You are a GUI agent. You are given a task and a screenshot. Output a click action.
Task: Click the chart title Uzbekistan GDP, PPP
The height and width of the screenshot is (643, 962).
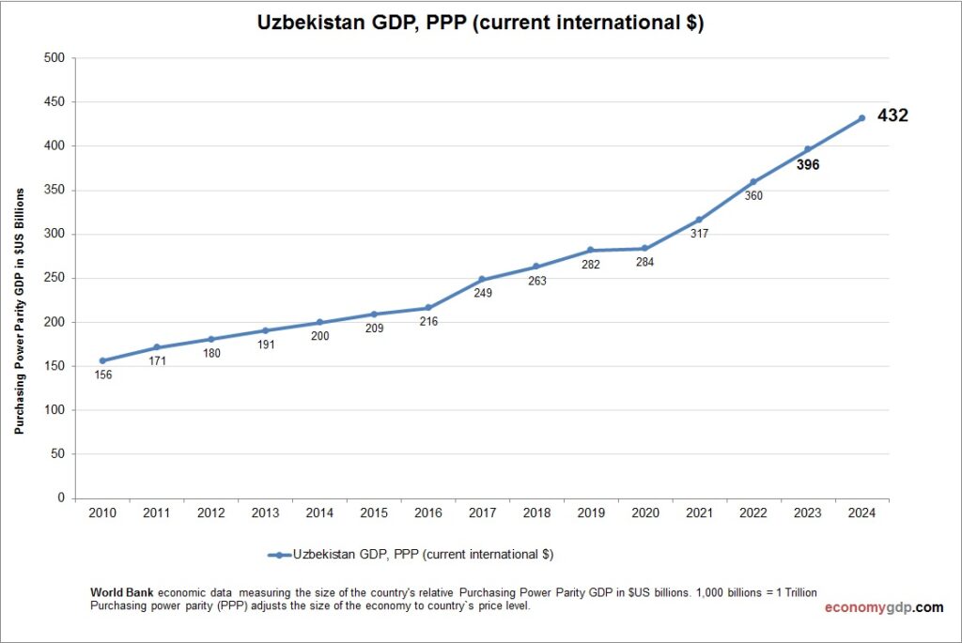[480, 23]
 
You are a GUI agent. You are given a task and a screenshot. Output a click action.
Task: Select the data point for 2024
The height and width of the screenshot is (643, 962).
[861, 118]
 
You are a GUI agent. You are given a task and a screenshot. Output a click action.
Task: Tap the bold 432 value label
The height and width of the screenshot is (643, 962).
[892, 116]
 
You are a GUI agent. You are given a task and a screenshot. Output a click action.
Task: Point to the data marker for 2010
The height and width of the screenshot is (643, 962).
[102, 360]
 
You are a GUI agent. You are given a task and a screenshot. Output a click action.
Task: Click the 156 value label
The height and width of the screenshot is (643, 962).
[102, 375]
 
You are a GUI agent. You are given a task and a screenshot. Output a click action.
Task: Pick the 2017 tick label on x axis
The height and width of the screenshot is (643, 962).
[482, 513]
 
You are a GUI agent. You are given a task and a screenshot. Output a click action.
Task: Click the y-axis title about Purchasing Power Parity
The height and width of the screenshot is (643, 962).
[19, 310]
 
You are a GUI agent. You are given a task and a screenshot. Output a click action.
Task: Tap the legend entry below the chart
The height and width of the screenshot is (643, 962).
[411, 555]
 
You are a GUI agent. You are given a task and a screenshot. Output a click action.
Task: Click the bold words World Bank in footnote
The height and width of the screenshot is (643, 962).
[122, 593]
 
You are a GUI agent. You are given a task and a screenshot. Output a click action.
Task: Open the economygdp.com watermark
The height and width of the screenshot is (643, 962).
[883, 607]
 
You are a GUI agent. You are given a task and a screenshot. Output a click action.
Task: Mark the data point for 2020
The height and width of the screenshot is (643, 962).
[644, 249]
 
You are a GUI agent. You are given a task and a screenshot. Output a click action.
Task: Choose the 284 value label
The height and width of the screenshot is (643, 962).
[644, 263]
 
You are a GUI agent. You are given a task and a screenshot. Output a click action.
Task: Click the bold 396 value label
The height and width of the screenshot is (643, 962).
[807, 165]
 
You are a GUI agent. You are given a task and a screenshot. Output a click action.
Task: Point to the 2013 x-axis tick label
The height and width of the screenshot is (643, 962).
[265, 513]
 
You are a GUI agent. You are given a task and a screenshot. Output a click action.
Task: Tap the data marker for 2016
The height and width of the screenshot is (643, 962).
[427, 308]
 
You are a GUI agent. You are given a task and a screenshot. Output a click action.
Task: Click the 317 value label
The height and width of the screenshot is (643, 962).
[699, 234]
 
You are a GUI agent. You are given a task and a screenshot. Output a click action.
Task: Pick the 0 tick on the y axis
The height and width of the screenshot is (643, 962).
[60, 498]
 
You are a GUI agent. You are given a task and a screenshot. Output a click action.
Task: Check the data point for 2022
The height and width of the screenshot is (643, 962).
[753, 181]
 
